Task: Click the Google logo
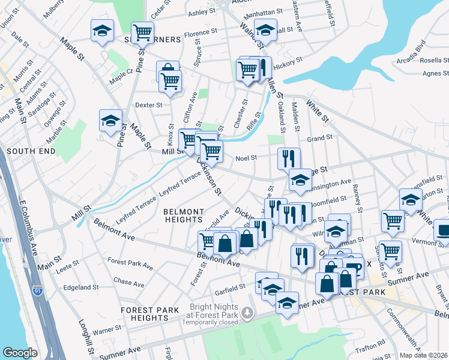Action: pos(20,353)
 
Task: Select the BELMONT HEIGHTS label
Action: pos(184,216)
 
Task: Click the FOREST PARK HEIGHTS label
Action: pos(149,314)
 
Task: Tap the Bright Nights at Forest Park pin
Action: pos(253,314)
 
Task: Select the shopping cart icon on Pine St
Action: pos(142,32)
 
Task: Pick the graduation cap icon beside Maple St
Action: pos(110,121)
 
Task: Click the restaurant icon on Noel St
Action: pos(289,158)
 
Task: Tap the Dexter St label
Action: pos(149,105)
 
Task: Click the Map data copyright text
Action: pos(423,355)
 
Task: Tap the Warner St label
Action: pos(107,329)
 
